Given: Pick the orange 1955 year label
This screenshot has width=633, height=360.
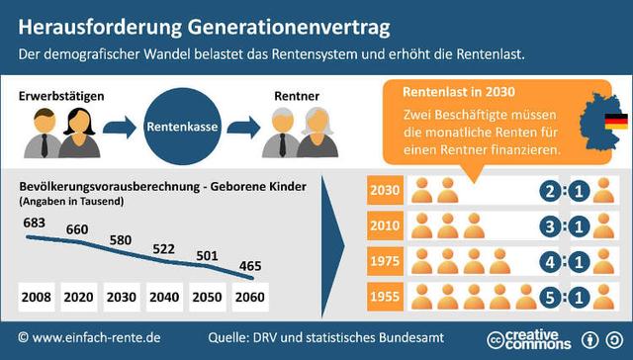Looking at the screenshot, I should click(384, 296).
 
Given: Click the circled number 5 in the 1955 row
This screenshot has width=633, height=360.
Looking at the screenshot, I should click(551, 296).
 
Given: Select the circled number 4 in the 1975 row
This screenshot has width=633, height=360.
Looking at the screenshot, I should click(551, 261).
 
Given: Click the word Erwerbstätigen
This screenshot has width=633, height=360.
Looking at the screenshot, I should click(62, 95).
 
